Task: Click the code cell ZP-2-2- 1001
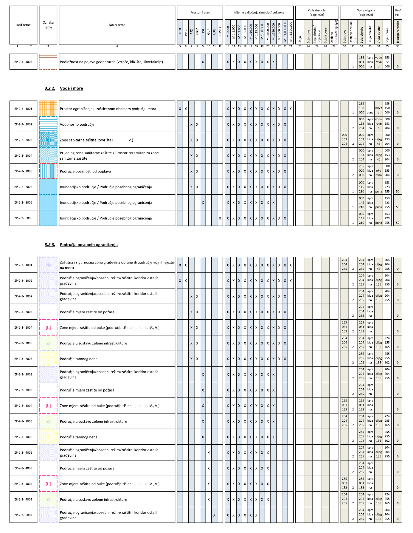click(23, 109)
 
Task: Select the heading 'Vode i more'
click(71, 88)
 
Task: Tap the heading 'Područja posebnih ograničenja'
click(88, 245)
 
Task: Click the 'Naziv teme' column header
click(117, 25)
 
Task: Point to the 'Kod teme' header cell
click(23, 25)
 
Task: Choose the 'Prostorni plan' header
click(200, 13)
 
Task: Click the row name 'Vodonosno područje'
click(77, 124)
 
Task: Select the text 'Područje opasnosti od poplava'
click(85, 171)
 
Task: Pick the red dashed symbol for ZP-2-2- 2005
click(48, 171)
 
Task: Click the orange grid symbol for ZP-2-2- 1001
click(48, 109)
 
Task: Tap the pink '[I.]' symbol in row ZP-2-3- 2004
click(48, 328)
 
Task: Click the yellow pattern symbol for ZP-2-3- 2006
click(48, 359)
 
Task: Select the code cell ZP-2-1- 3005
click(23, 62)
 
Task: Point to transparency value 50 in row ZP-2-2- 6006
click(398, 223)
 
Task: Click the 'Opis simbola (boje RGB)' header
click(316, 13)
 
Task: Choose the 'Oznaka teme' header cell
click(48, 25)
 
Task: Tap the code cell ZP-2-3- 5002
click(23, 515)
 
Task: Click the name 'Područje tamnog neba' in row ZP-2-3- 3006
click(79, 437)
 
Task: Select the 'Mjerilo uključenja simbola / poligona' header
click(259, 13)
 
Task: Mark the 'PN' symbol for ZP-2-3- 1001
click(48, 265)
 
